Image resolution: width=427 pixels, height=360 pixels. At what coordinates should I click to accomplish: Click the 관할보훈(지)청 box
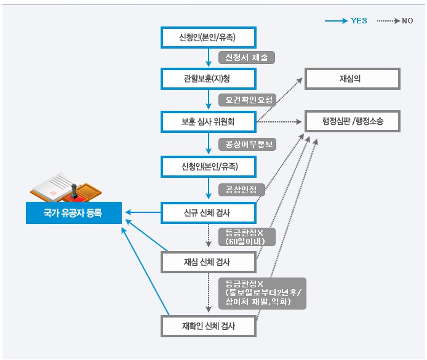pos(208,79)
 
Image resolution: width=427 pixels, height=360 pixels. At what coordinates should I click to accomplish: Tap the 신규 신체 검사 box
pos(208,212)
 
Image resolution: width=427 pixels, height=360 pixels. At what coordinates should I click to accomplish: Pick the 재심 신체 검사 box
pos(208,262)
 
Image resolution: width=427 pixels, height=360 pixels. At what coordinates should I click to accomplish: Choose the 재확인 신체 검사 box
pos(208,326)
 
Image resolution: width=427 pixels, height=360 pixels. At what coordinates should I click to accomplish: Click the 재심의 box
pos(353,79)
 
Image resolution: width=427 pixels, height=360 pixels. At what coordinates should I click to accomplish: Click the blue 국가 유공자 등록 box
pos(73,212)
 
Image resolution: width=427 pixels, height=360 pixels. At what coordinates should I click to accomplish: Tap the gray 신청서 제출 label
pos(247,57)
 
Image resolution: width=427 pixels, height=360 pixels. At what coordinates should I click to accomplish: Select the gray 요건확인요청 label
pos(247,99)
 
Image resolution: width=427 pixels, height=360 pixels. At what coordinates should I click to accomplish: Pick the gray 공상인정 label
pos(242,188)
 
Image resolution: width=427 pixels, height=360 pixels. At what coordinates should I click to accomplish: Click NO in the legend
pos(407,21)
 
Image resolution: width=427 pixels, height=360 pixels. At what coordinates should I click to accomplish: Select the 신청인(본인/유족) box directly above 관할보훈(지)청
pos(208,38)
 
